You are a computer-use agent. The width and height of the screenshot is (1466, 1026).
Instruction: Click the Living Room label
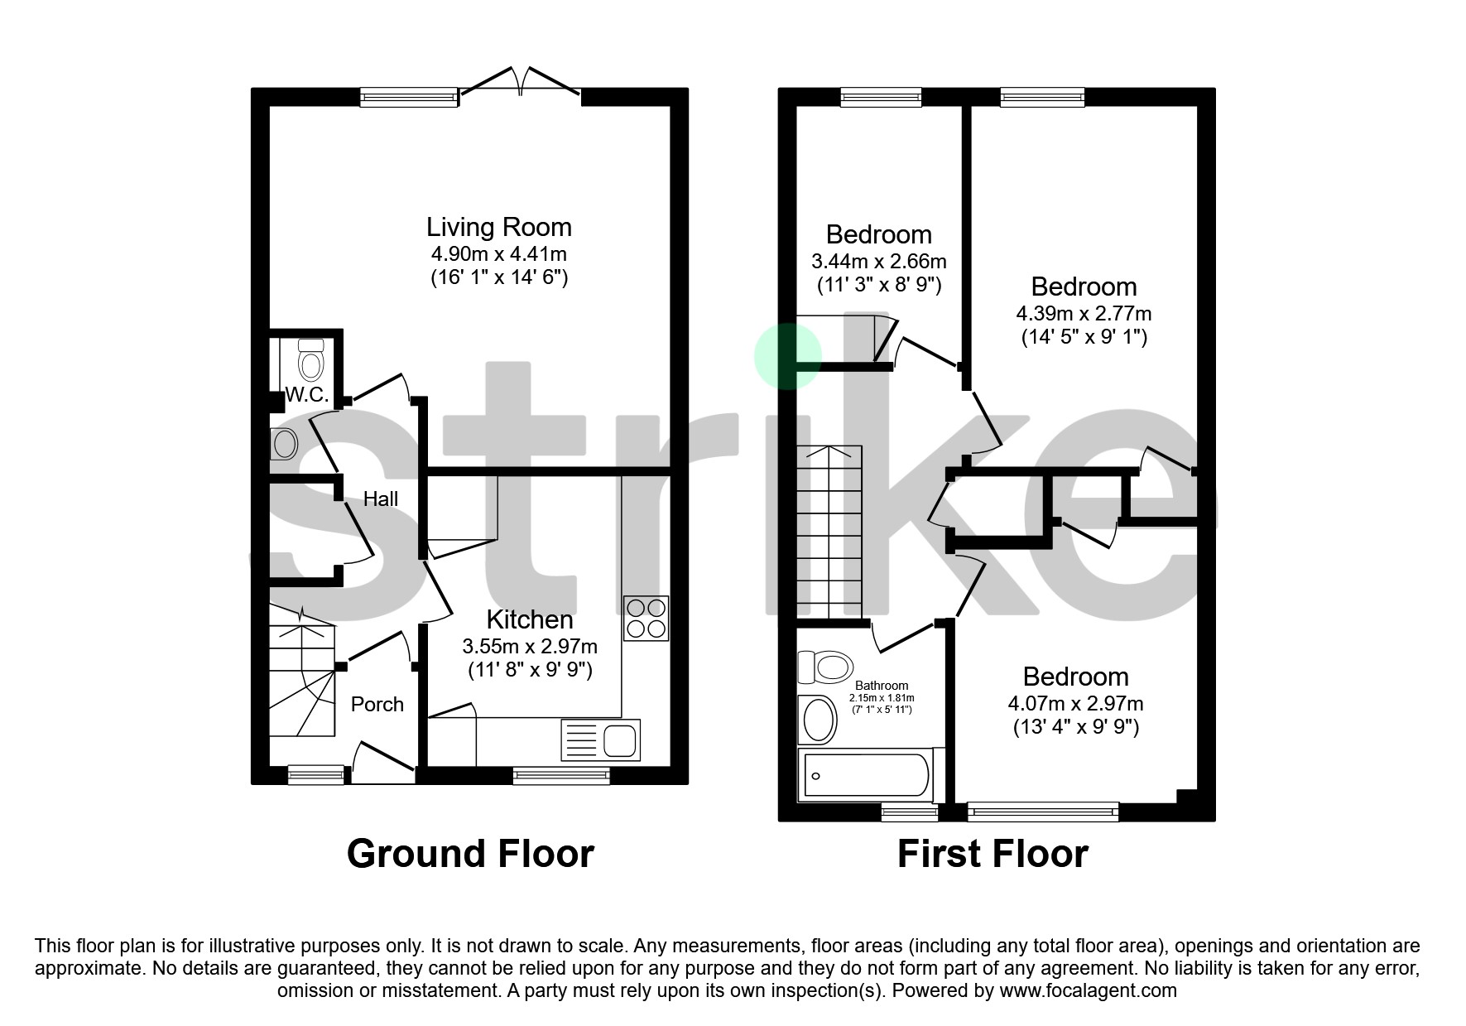tap(498, 227)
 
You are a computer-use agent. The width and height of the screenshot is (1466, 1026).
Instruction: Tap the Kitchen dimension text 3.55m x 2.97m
tap(530, 646)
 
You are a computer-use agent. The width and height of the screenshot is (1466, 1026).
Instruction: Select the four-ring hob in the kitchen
tap(646, 618)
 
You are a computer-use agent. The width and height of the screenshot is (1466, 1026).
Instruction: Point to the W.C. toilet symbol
tap(310, 361)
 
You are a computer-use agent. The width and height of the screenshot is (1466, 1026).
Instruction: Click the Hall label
tap(381, 499)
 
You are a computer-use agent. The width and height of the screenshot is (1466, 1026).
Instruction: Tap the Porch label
tap(377, 704)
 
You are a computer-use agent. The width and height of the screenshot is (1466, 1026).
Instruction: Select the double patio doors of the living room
tap(520, 83)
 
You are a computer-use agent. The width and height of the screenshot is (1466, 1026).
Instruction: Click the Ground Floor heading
tap(470, 854)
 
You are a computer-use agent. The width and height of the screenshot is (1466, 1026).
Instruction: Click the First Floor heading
tap(993, 854)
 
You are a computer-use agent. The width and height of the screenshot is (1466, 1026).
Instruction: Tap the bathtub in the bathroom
tap(865, 776)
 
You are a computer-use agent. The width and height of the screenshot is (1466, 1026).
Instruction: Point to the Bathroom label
tap(882, 686)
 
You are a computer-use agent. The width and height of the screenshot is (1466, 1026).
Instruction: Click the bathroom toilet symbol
tap(825, 666)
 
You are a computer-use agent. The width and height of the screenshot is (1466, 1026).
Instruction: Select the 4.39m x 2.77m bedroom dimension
tap(1084, 314)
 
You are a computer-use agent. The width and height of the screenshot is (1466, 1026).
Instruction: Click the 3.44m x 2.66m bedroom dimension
tap(879, 262)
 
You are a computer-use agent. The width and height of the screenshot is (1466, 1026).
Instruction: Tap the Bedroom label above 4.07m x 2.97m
tap(1075, 677)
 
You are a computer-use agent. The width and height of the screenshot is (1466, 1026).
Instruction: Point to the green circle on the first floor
tap(787, 356)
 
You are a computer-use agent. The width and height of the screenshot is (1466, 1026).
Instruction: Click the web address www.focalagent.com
tap(1088, 990)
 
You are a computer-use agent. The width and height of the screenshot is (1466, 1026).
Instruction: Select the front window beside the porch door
tap(316, 774)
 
